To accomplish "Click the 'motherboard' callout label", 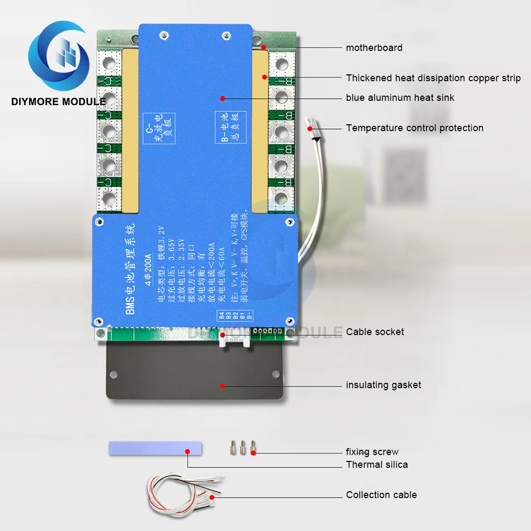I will pyautogui.click(x=374, y=48).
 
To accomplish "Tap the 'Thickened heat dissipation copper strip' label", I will pyautogui.click(x=433, y=78).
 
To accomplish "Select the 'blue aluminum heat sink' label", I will pyautogui.click(x=400, y=98).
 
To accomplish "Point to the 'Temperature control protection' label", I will pyautogui.click(x=414, y=128).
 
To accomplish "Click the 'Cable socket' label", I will pyautogui.click(x=375, y=332).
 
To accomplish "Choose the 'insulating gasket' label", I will pyautogui.click(x=383, y=385).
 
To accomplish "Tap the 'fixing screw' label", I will pyautogui.click(x=372, y=452).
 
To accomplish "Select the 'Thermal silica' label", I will pyautogui.click(x=377, y=465).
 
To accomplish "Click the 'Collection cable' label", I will pyautogui.click(x=381, y=495).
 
